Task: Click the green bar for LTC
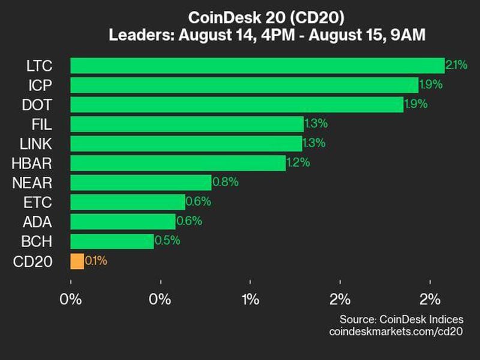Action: point(257,65)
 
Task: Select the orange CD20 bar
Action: point(77,261)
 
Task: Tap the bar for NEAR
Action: point(140,182)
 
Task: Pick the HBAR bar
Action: point(178,163)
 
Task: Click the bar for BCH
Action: point(112,241)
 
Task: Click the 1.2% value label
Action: point(298,163)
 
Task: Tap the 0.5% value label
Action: point(167,241)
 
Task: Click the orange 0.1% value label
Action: point(97,261)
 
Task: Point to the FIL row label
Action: point(42,124)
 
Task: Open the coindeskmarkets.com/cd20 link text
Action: point(397,331)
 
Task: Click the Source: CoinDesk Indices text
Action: point(401,319)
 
